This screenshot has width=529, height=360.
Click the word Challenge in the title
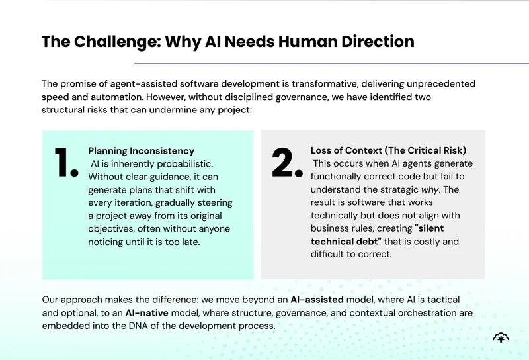point(117,42)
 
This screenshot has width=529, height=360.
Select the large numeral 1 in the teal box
point(66,162)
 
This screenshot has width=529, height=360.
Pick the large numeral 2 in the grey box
point(287,162)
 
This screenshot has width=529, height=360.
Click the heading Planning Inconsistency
point(141,151)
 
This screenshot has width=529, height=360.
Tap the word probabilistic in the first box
point(185,164)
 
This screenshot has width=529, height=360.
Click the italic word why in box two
point(430,189)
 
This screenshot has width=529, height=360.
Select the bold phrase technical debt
point(346,242)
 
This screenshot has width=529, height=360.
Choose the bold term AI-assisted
point(317,300)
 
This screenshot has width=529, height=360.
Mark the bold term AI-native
point(147,313)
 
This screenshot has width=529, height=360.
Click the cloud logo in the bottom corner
point(501,337)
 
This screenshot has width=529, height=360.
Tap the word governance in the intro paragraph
point(302,97)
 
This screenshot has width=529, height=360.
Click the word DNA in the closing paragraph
point(139,326)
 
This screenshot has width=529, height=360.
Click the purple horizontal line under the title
point(331,63)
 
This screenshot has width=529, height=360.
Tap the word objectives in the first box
point(111,230)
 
